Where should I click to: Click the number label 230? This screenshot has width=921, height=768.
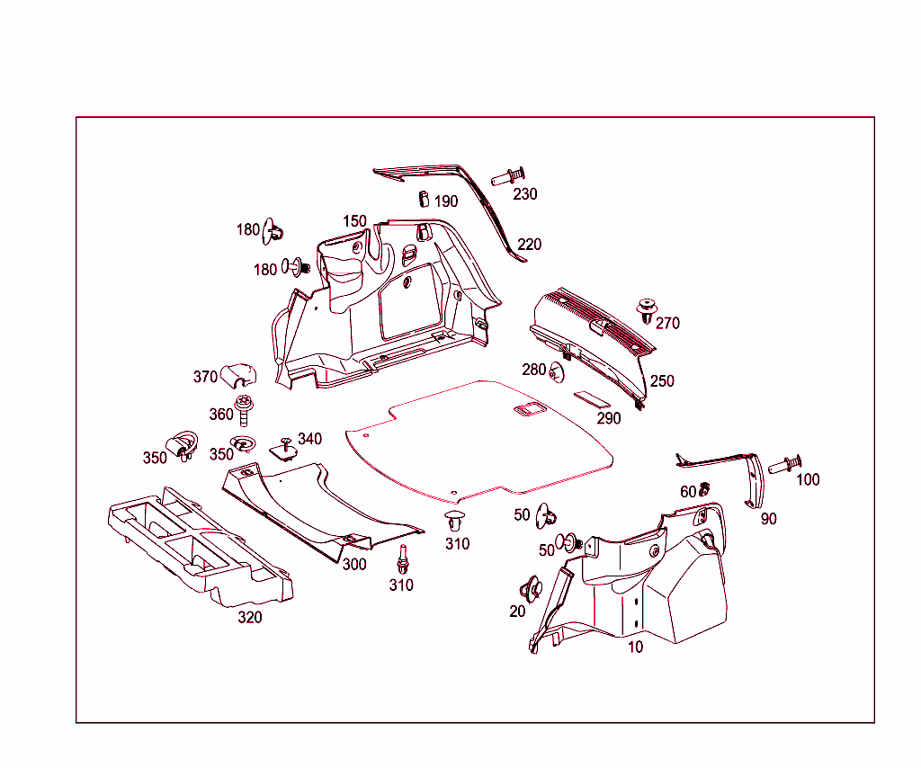(x=525, y=194)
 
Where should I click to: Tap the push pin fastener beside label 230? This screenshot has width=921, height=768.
(x=508, y=176)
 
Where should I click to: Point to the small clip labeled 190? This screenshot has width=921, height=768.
(x=422, y=199)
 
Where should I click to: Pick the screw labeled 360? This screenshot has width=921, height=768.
(x=243, y=409)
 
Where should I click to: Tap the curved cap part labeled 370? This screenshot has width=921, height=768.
(x=238, y=371)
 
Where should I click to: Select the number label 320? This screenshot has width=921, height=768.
(x=249, y=618)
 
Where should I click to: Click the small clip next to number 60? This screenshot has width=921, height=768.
(x=704, y=489)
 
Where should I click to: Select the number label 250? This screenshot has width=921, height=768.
(x=662, y=381)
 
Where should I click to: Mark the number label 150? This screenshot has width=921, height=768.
(x=354, y=221)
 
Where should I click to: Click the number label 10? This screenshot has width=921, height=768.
(x=635, y=647)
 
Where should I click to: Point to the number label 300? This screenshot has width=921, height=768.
(x=354, y=565)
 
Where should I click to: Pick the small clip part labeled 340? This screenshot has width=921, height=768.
(x=285, y=449)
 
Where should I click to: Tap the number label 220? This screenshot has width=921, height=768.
(x=530, y=245)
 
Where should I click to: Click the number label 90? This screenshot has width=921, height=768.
(x=768, y=519)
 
